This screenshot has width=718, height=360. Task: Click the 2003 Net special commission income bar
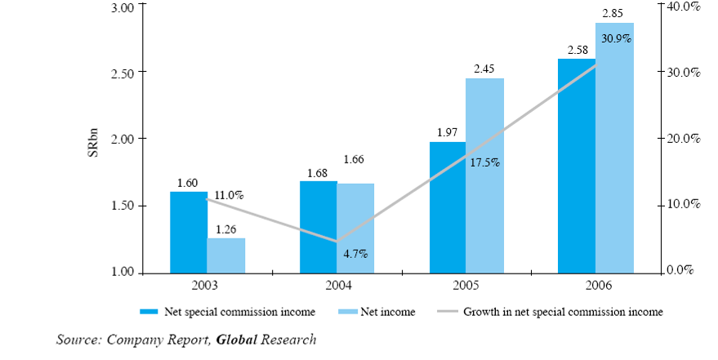tap(189, 232)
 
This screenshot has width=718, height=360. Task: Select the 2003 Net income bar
tap(226, 255)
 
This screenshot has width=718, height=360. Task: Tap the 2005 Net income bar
tap(484, 175)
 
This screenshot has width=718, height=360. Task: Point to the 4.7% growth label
tap(355, 254)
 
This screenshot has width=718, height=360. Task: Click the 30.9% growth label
tap(615, 38)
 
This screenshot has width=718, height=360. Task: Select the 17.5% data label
tap(485, 162)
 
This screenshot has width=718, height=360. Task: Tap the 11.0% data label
tap(229, 195)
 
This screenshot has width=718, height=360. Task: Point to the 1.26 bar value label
tap(226, 229)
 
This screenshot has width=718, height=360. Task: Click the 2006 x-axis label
tap(596, 286)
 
